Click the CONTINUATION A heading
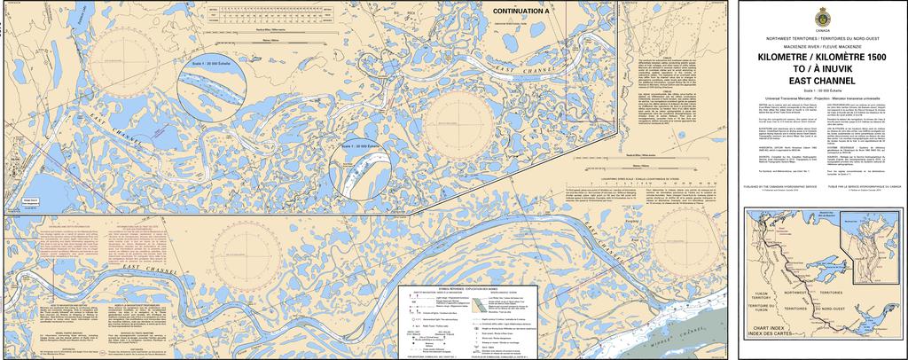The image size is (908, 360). pos(521,10)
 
